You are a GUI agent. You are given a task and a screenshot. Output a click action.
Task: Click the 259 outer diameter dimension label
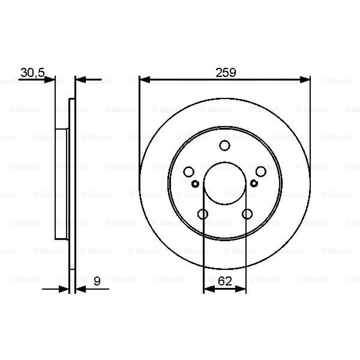[225, 73]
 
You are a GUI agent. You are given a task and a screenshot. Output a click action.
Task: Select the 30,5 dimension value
[32, 73]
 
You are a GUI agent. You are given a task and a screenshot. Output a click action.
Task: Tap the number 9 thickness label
[97, 281]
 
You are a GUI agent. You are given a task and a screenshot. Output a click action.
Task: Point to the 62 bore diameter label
[225, 281]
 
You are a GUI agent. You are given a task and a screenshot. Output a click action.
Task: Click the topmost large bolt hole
[225, 145]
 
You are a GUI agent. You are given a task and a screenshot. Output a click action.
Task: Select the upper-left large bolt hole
[189, 172]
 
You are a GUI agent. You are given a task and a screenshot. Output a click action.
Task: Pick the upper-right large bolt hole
[261, 172]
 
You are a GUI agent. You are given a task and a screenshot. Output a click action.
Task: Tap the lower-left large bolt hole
[203, 214]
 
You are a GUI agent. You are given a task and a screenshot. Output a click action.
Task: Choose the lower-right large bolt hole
[247, 214]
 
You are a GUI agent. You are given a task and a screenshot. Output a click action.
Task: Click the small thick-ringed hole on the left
[196, 184]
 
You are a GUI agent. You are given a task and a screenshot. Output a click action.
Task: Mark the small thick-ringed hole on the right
[254, 183]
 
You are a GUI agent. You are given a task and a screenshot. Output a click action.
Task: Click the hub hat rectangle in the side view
[61, 184]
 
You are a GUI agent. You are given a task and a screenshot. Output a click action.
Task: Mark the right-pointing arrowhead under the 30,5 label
[50, 80]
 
